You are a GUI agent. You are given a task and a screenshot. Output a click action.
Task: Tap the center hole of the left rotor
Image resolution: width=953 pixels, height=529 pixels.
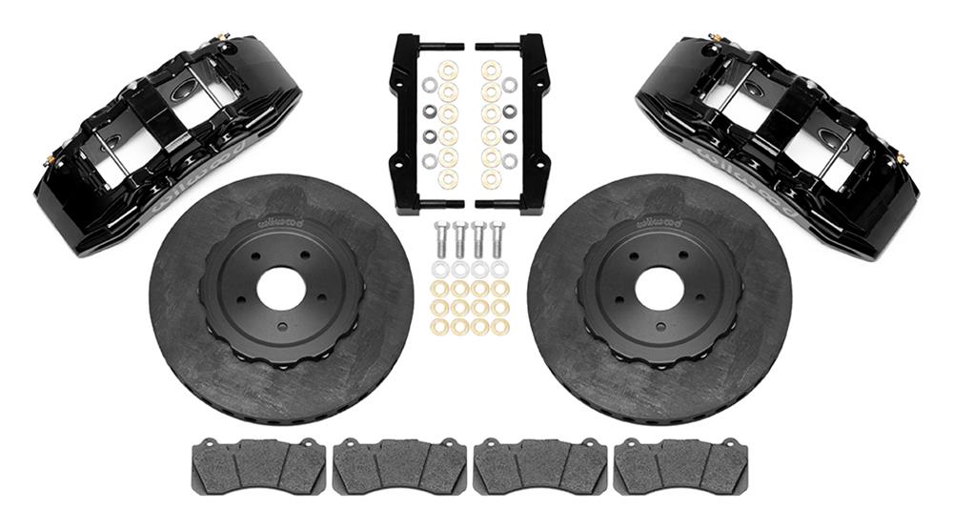[281, 289]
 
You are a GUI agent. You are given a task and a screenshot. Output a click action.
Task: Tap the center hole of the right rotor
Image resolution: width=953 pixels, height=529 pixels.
[659, 289]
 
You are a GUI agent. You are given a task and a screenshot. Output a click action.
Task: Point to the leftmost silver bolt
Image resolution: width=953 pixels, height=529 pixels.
[439, 242]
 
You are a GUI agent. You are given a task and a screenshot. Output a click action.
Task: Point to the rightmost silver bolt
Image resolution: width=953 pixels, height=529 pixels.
[497, 242]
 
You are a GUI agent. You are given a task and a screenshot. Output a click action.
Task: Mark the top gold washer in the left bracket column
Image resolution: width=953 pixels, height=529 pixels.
[448, 70]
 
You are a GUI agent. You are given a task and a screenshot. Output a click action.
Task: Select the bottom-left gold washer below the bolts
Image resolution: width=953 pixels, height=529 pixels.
[439, 327]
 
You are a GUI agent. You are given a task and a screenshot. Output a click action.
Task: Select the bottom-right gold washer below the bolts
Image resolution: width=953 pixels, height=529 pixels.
[500, 327]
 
